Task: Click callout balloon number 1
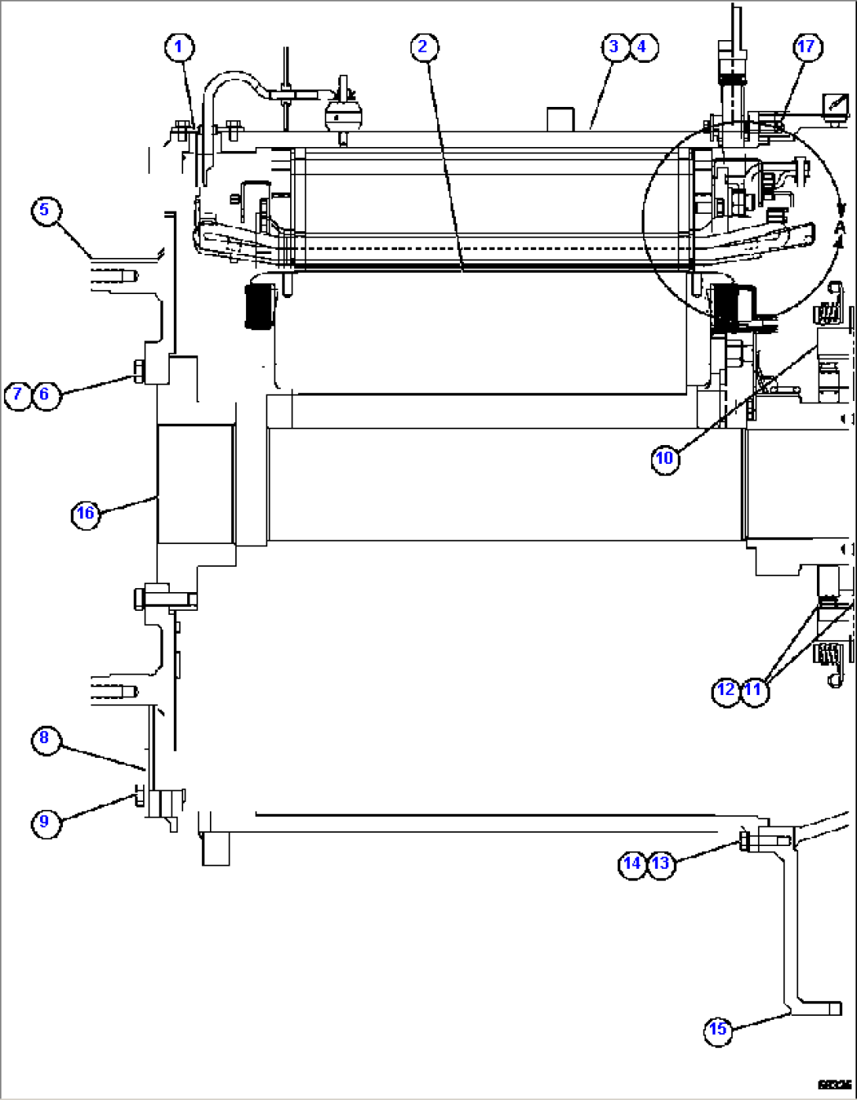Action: click(x=178, y=47)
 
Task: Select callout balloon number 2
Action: click(x=423, y=47)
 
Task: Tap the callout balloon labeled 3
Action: click(x=614, y=47)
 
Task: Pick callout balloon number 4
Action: click(x=642, y=47)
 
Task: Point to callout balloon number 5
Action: click(x=45, y=210)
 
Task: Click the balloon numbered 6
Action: click(x=45, y=394)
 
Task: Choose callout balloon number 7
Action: click(x=17, y=394)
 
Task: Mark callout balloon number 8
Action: click(x=45, y=738)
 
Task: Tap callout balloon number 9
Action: click(x=45, y=822)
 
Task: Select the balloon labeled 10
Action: click(x=665, y=458)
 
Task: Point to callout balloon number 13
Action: click(x=660, y=863)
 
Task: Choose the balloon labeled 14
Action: click(x=633, y=863)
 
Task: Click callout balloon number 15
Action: click(x=718, y=1029)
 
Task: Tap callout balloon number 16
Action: click(x=85, y=514)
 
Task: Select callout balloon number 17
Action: click(x=807, y=47)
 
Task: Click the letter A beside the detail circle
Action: click(x=840, y=227)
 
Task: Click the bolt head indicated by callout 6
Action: click(x=138, y=370)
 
